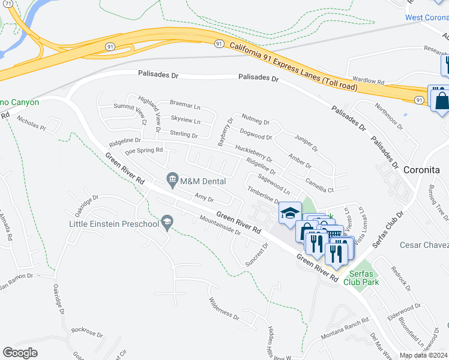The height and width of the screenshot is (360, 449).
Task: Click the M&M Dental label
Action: [203, 181]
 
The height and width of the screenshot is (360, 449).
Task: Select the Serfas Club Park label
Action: [366, 277]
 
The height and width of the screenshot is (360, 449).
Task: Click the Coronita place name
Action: [421, 170]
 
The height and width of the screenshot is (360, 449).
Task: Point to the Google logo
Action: [20, 353]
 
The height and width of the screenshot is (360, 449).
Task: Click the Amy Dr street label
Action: [204, 197]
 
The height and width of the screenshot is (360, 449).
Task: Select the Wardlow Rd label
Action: [368, 80]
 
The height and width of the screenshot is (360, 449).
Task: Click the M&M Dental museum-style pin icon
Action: [172, 179]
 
